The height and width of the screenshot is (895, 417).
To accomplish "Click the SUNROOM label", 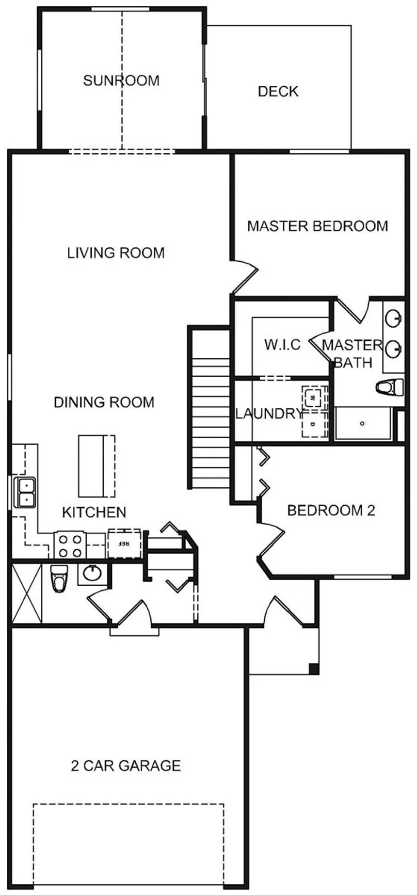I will click(121, 80).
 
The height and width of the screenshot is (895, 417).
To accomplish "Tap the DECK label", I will click(278, 92).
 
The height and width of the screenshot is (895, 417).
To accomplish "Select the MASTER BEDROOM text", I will click(318, 226).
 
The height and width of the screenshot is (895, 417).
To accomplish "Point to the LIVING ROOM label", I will click(116, 253).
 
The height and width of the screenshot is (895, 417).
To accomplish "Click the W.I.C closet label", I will click(282, 345).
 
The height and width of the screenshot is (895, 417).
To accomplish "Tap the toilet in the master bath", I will click(391, 387).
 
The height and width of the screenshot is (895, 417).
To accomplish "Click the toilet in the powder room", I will click(60, 577).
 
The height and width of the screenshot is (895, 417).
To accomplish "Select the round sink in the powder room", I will click(92, 573).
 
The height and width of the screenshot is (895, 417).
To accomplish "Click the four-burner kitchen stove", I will click(71, 545).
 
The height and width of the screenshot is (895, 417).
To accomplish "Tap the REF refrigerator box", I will click(124, 543).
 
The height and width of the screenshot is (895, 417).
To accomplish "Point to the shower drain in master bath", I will click(362, 423).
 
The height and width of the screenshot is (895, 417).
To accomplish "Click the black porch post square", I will click(314, 669).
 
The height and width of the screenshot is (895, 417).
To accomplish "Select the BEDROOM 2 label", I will click(331, 510).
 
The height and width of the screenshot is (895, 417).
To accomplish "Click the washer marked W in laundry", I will click(313, 397).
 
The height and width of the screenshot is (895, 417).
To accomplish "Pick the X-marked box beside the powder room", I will click(27, 592).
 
